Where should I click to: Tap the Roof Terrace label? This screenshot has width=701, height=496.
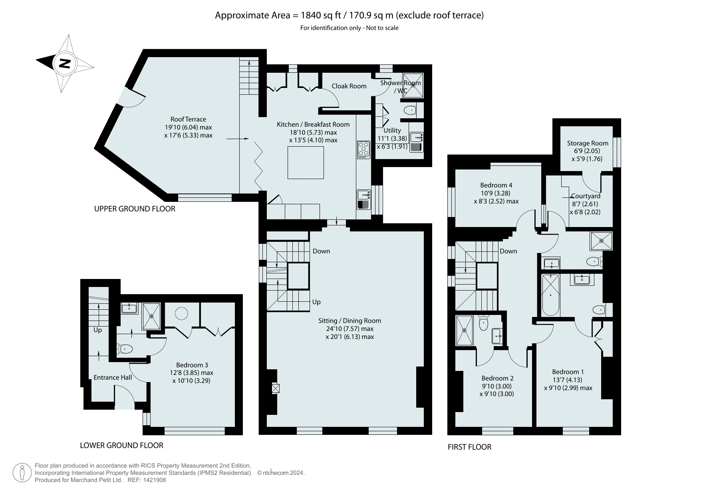tap(188, 119)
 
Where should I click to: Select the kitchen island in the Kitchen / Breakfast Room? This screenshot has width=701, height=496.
tap(306, 163)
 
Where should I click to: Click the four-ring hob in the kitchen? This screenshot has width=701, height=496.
tap(363, 149)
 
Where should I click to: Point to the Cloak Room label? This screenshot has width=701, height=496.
tap(349, 86)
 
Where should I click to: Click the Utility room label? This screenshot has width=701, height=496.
tap(392, 130)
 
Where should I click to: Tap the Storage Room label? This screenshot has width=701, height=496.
tap(588, 143)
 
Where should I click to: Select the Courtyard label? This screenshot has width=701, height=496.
tap(586, 196)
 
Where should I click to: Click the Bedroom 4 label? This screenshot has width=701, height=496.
tap(496, 185)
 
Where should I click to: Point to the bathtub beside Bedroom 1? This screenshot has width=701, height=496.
tap(551, 295)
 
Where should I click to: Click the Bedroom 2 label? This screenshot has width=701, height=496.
tap(497, 378)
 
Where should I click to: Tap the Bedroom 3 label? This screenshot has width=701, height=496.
tap(192, 365)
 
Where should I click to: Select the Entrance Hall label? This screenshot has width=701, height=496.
tap(113, 377)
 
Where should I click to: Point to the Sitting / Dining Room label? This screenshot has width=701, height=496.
tap(350, 321)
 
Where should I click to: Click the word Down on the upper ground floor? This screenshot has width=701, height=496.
tap(321, 251)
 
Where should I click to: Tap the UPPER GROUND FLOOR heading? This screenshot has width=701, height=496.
tap(135, 209)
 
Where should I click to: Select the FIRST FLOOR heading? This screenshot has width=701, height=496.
tap(469, 447)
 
